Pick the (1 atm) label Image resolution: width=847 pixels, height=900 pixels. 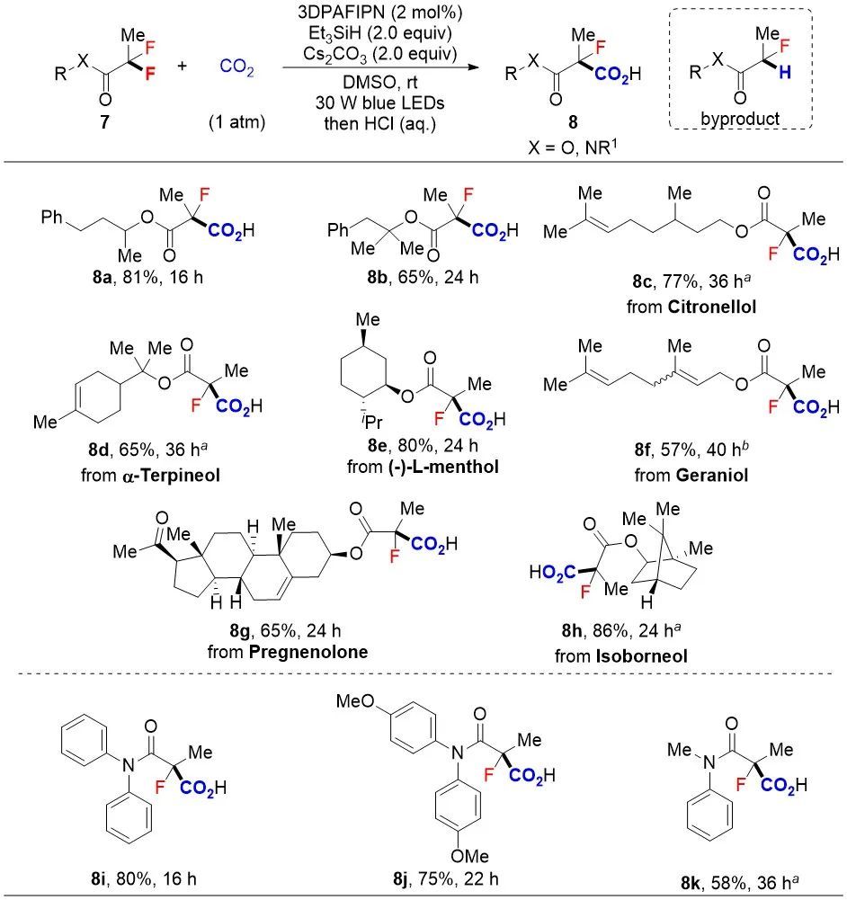[x=236, y=122]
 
